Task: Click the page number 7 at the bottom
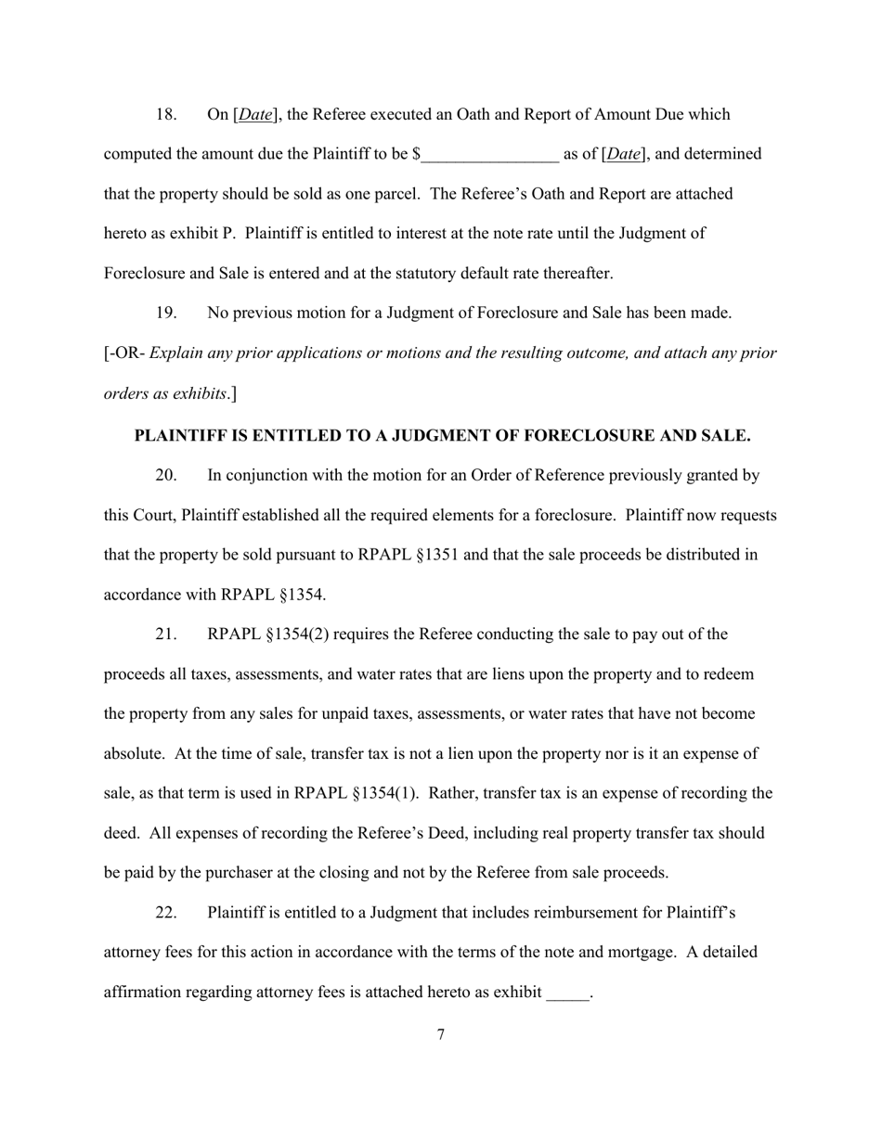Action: coord(440,1034)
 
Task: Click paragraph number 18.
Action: coord(165,115)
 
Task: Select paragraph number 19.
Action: coord(165,314)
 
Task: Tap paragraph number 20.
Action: coord(165,476)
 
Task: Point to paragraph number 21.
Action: coord(165,635)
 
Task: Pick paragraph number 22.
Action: coord(165,913)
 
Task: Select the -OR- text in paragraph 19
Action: coord(127,353)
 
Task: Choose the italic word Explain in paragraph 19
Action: coord(177,353)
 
